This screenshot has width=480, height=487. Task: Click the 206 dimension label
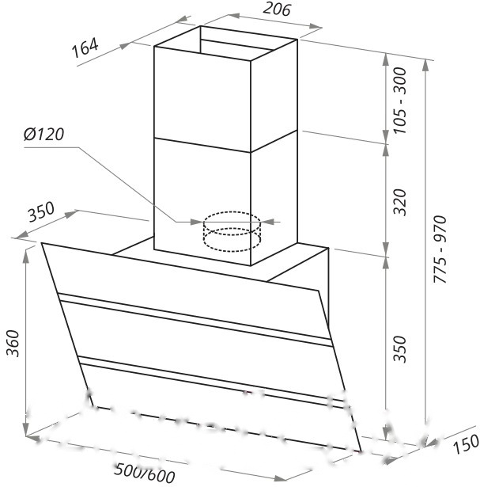pos(277,9)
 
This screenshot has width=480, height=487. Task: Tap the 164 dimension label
pos(85,48)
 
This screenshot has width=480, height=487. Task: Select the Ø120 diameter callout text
pos(44,134)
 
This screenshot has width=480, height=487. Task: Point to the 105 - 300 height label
pos(399,101)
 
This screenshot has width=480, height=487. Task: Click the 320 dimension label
pos(399,202)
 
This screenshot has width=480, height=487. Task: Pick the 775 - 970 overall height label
pos(440,249)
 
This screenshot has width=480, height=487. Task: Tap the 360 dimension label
pos(13,344)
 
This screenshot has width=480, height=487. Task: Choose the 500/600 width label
pos(145,473)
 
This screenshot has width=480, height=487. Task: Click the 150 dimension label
pos(466,443)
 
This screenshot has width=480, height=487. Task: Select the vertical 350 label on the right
pos(399,348)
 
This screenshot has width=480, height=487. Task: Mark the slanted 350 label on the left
pos(41,211)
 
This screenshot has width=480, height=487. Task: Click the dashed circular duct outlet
pos(232,231)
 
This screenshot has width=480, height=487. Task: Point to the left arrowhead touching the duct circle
pos(196,222)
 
